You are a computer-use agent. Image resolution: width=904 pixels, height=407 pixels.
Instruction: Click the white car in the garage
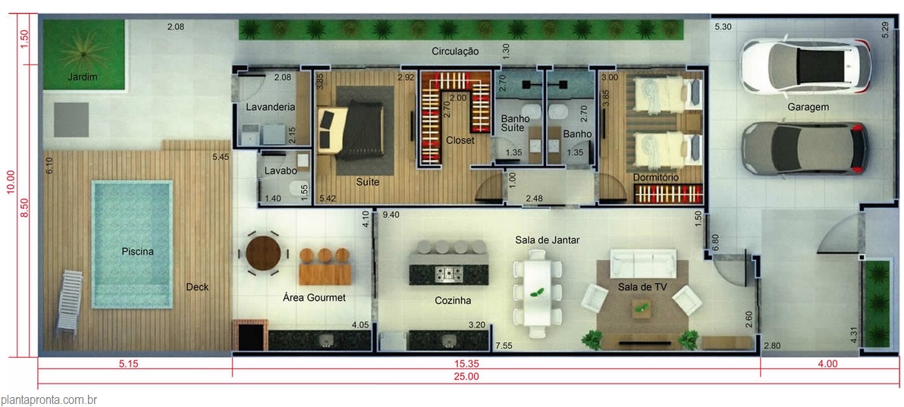[x=806, y=66]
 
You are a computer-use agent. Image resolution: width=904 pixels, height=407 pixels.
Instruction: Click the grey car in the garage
[x=805, y=148]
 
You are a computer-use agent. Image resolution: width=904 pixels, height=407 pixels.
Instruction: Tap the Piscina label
[x=138, y=252]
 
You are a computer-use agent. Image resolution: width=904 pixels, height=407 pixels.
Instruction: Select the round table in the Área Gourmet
[x=263, y=253]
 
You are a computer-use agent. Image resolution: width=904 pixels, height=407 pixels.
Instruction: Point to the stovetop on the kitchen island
[x=449, y=274]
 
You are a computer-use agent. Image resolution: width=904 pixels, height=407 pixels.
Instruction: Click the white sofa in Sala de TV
[x=643, y=264]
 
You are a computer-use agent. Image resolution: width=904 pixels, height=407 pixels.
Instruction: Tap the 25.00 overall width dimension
[x=467, y=377]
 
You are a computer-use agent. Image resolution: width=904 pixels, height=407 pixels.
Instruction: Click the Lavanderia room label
[x=271, y=107]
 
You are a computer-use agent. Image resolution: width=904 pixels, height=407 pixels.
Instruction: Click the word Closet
[x=460, y=140]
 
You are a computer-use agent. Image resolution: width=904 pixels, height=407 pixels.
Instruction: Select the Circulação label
[x=456, y=52]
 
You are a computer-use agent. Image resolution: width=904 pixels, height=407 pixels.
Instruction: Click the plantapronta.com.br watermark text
[x=49, y=399]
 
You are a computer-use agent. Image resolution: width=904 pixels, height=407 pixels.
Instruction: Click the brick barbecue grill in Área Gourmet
[x=250, y=335]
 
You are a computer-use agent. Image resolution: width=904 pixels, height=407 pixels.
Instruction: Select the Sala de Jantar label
[x=547, y=240]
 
